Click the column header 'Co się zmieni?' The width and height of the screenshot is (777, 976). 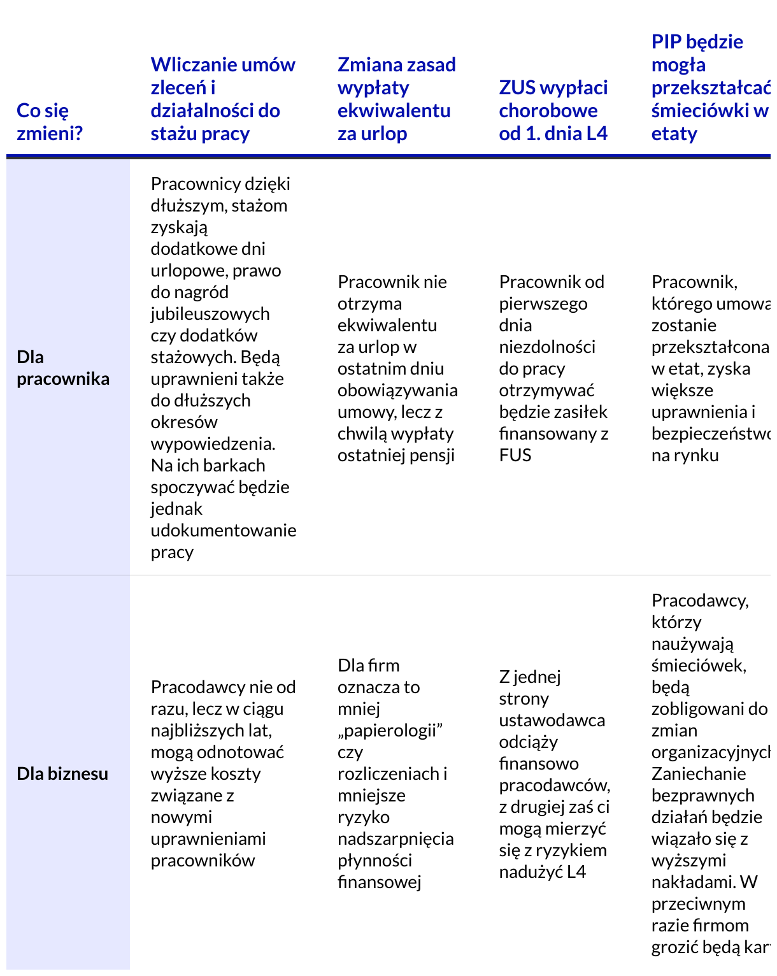50,122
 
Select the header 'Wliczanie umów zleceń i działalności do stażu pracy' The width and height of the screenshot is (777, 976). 223,99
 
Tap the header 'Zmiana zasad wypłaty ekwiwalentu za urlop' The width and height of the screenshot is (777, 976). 396,99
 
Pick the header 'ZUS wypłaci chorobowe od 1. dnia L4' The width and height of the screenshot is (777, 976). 553,110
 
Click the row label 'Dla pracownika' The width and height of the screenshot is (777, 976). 63,368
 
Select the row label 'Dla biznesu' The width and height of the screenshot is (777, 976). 62,773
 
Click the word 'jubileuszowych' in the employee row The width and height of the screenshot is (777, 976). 210,313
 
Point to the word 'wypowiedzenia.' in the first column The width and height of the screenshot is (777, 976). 213,443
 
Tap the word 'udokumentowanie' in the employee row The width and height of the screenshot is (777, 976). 224,530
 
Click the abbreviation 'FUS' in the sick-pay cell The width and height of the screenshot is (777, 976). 515,455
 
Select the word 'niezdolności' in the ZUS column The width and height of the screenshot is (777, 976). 547,347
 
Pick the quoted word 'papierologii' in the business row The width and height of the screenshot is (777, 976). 390,730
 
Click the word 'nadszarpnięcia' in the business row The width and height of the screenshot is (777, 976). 396,838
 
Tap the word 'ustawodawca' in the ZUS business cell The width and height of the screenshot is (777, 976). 552,720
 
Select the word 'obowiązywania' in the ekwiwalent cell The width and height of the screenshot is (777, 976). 397,390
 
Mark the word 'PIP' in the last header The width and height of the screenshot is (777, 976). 666,42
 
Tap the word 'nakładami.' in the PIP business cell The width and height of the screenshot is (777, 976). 693,882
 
